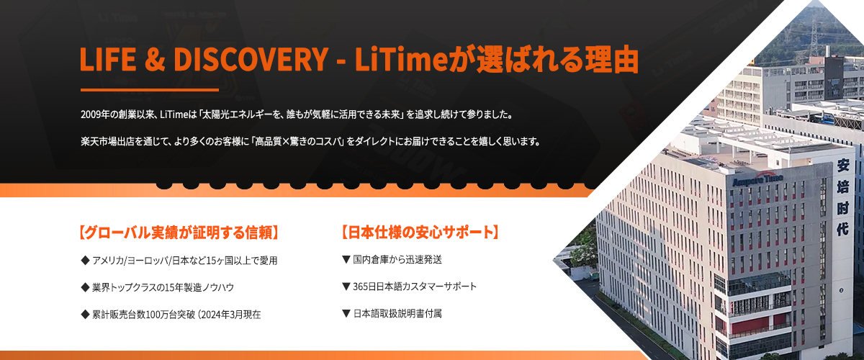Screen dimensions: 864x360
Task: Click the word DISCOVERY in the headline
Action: [x=251, y=60]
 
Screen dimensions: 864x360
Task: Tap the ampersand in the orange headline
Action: [x=155, y=60]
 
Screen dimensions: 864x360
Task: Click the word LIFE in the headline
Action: [x=108, y=60]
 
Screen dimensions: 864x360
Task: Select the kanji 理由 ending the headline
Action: [x=612, y=60]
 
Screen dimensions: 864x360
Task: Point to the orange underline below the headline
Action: [x=150, y=90]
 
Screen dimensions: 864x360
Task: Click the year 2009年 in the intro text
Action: [x=96, y=114]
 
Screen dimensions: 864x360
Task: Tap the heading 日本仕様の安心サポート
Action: [x=420, y=233]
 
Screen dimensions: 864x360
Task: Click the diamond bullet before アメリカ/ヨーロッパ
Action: [x=85, y=261]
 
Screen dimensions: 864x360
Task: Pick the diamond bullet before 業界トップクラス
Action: [x=85, y=287]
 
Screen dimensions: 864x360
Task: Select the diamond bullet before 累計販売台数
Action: [x=85, y=315]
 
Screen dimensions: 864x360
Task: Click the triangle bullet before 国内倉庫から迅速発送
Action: [x=346, y=260]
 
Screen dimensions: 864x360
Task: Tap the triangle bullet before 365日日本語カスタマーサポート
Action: [x=346, y=287]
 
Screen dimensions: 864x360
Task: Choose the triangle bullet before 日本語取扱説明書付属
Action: [x=346, y=313]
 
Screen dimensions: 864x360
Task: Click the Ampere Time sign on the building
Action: [x=757, y=180]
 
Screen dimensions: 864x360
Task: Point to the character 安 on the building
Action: [x=843, y=166]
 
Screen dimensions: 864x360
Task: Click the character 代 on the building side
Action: [x=843, y=229]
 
